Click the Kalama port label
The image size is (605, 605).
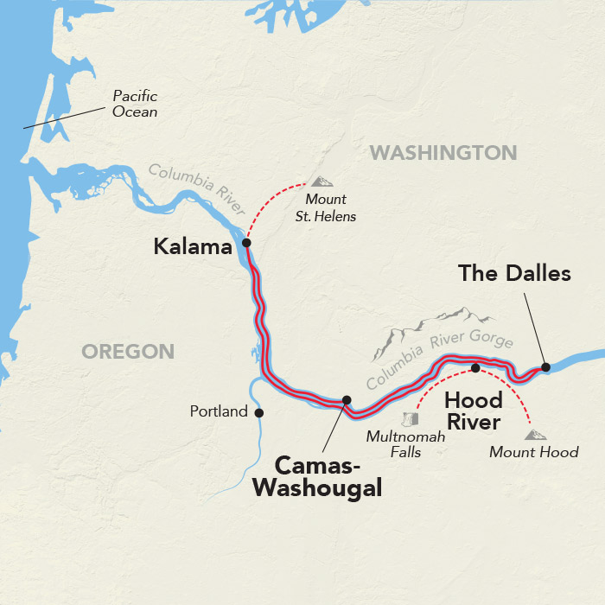coord(193,247)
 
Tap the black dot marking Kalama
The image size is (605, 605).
coord(246,243)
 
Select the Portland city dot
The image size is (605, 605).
coord(258,412)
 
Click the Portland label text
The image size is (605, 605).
coord(219,412)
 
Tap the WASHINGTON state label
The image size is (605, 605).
coord(443,153)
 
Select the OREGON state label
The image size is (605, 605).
coord(128,351)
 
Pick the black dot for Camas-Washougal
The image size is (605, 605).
coord(347,400)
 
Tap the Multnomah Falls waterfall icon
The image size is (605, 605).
coord(411,419)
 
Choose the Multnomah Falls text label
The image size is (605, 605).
coord(405,444)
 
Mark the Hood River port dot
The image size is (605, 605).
coord(474,369)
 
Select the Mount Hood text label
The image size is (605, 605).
coord(533,452)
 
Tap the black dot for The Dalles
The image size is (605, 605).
coord(545,367)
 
